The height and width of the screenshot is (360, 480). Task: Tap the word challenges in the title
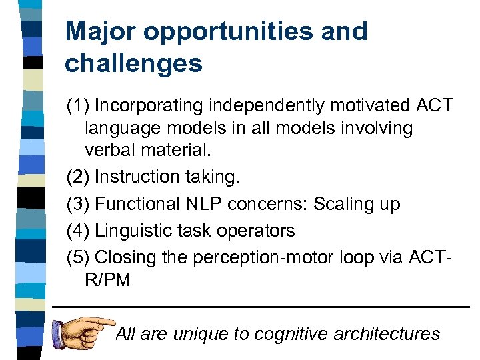133,63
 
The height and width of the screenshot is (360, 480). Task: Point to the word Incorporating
151,105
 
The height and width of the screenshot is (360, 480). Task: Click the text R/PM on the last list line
108,280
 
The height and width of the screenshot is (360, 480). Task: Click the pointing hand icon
83,327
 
